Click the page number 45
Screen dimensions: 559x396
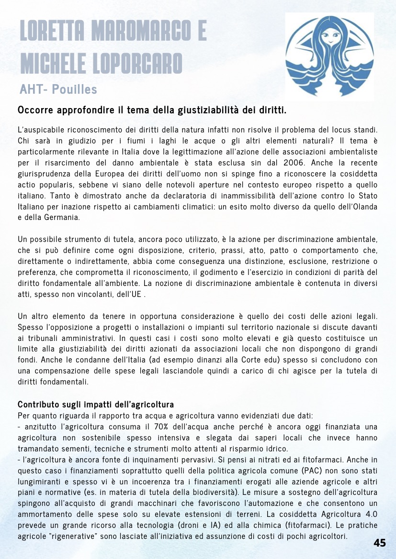tap(380, 543)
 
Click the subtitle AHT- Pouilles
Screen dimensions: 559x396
tap(58, 89)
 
